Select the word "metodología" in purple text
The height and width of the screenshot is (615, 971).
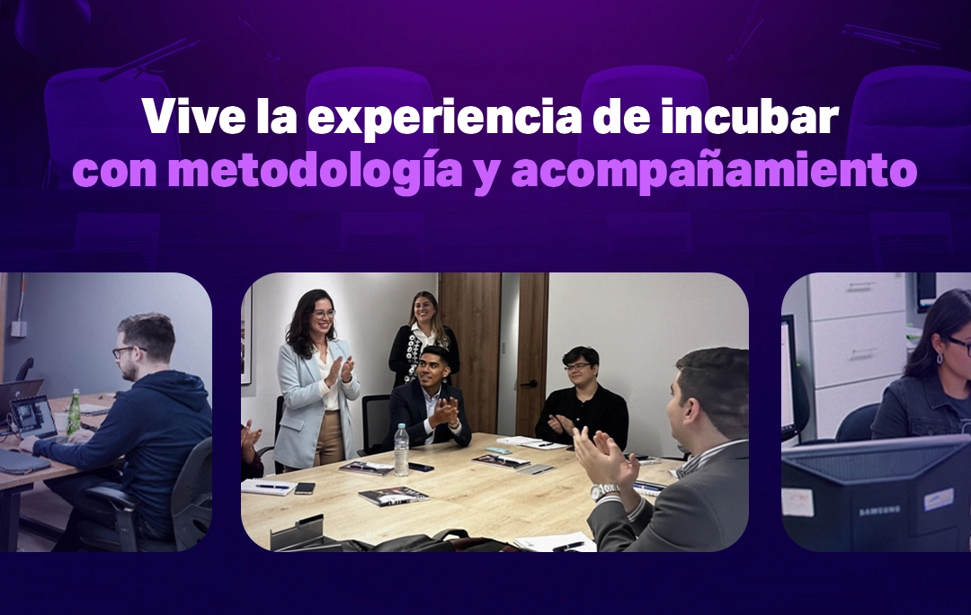click(x=316, y=170)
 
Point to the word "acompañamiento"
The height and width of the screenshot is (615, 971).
click(x=714, y=170)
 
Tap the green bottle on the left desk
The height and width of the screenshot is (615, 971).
click(x=74, y=412)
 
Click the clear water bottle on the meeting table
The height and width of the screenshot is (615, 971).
click(x=402, y=450)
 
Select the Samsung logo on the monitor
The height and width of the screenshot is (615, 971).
click(x=879, y=511)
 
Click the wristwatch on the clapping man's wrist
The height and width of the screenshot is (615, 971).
click(x=602, y=492)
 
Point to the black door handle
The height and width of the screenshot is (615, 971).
click(x=529, y=384)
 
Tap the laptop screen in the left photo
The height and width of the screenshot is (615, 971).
click(x=33, y=416)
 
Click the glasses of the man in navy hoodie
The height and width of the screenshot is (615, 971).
click(x=126, y=352)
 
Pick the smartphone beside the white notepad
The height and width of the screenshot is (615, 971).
click(x=305, y=488)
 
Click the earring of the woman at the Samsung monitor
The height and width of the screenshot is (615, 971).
click(x=940, y=358)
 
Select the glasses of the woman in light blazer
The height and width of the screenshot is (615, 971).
click(x=324, y=314)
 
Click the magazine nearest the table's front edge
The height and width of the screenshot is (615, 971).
click(x=394, y=495)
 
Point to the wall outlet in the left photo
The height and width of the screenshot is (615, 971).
click(x=18, y=328)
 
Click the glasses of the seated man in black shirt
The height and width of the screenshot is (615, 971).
click(x=579, y=367)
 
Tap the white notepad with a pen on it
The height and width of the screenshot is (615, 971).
click(x=268, y=486)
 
